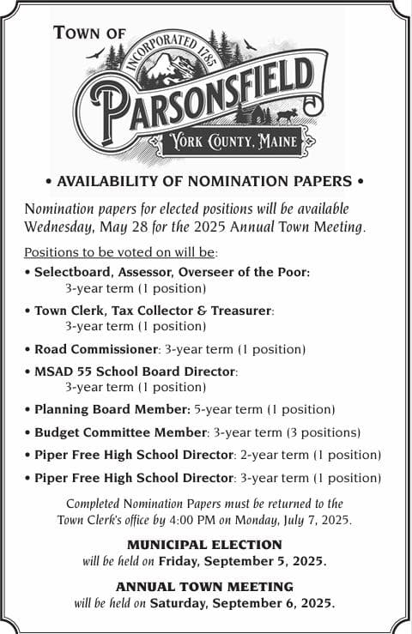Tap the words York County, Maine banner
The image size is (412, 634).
coord(232,142)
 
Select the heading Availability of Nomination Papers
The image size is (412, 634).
coord(204,181)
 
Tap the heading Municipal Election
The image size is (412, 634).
coord(204,545)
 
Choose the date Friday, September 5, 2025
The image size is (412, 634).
coord(242,561)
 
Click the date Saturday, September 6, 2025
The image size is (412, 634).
coord(242,602)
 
